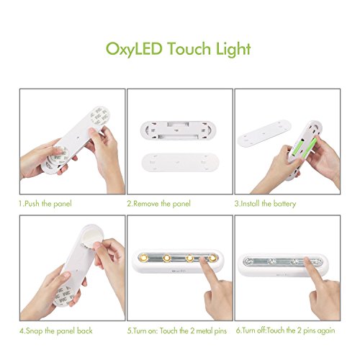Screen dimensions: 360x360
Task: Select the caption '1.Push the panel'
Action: pyautogui.click(x=45, y=204)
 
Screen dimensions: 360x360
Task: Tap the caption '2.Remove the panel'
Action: pyautogui.click(x=158, y=204)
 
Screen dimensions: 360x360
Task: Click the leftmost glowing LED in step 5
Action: pyautogui.click(x=145, y=256)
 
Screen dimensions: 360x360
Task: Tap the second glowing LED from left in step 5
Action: pyautogui.click(x=167, y=256)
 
